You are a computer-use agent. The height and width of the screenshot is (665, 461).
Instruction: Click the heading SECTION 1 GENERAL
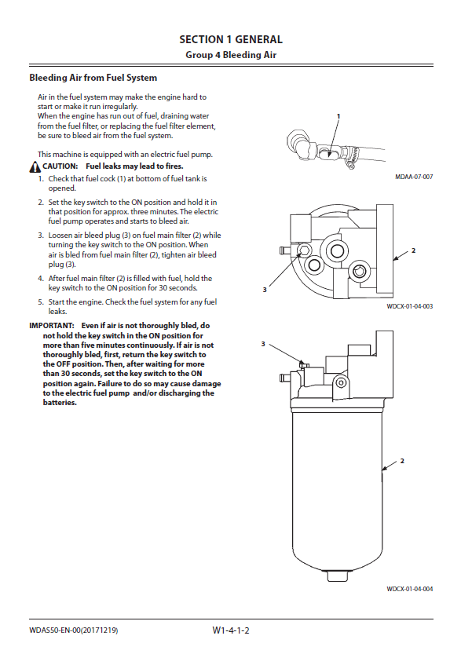(x=231, y=39)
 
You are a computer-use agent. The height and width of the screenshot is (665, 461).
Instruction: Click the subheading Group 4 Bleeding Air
(x=231, y=55)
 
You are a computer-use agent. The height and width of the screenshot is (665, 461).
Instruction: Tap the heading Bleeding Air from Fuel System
(x=93, y=78)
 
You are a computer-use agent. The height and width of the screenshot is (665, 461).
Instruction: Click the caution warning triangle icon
(x=35, y=167)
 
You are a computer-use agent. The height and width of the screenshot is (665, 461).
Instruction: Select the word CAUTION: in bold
(x=60, y=166)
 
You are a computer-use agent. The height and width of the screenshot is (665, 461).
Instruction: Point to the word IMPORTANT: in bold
(x=52, y=326)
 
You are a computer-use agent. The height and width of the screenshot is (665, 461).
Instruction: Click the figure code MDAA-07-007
(x=414, y=177)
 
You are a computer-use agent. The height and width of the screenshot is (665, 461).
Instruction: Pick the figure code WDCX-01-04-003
(x=410, y=306)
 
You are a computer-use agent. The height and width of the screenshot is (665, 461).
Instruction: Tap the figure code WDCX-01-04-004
(x=410, y=589)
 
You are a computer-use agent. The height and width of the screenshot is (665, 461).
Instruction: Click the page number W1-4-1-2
(x=231, y=630)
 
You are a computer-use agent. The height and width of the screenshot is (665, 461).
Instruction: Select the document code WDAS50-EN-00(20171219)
(x=73, y=630)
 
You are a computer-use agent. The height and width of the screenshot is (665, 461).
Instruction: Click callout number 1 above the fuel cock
(x=338, y=115)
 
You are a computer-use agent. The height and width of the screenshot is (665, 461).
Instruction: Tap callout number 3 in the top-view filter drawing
(x=265, y=290)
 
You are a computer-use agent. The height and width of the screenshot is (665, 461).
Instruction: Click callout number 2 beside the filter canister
(x=402, y=461)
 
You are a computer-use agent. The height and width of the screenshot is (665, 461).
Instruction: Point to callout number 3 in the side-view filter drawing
(x=263, y=344)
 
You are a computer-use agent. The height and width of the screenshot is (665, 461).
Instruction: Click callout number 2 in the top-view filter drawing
(x=414, y=250)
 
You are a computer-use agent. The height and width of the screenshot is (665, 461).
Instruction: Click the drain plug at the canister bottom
(x=338, y=575)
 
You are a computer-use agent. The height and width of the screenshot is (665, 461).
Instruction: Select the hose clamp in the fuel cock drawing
(x=349, y=160)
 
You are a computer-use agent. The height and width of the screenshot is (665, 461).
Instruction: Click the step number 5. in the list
(x=41, y=302)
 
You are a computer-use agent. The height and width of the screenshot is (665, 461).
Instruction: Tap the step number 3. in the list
(x=41, y=236)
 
